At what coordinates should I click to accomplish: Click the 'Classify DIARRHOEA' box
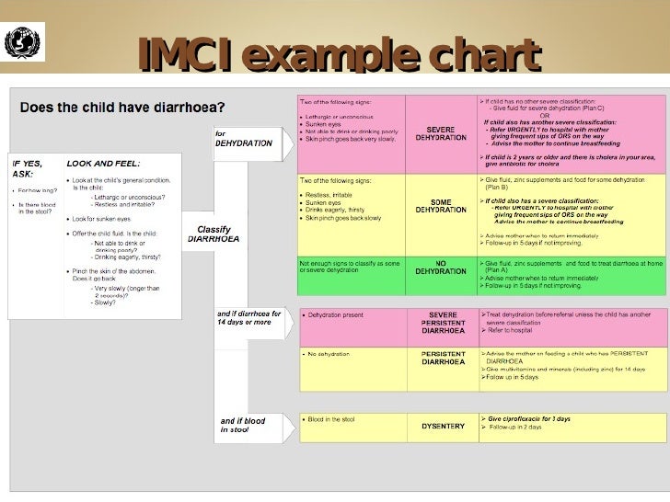tap(214, 234)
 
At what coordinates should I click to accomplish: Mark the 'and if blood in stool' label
tap(243, 426)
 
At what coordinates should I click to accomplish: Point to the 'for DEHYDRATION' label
tap(243, 139)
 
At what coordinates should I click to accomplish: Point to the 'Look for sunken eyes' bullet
tap(109, 220)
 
